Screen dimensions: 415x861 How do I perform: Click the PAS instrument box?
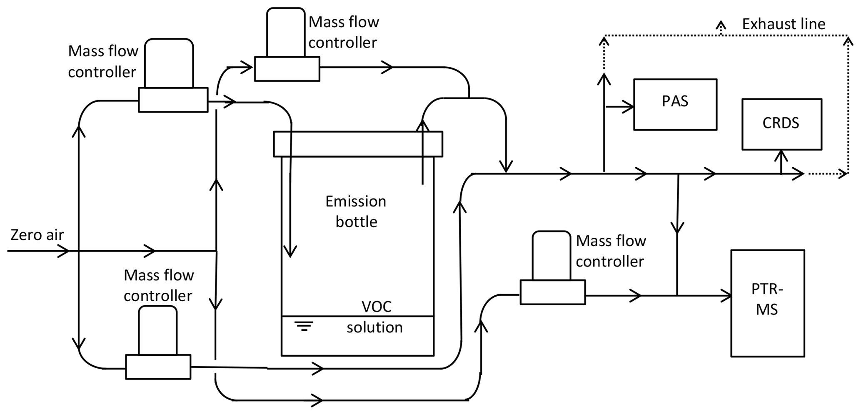(675, 104)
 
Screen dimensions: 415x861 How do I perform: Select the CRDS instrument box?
(781, 124)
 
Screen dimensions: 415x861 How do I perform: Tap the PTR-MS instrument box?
(767, 303)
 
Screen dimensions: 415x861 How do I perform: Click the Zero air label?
(37, 235)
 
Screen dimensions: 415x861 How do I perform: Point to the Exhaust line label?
(783, 24)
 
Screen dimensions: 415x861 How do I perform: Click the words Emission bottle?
(356, 211)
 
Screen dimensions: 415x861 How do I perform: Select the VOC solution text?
(375, 317)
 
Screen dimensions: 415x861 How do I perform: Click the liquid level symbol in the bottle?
(304, 326)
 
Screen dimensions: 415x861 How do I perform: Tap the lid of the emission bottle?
(358, 144)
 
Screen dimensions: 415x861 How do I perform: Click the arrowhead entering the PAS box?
(628, 107)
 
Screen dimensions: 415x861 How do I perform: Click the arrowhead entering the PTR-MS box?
(726, 296)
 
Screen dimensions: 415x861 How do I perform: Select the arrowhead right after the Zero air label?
(63, 251)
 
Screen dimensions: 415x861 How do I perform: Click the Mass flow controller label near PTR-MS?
(611, 251)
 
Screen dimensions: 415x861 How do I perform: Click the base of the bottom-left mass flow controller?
(158, 367)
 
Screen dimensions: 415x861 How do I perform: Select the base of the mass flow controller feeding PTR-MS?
(552, 292)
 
